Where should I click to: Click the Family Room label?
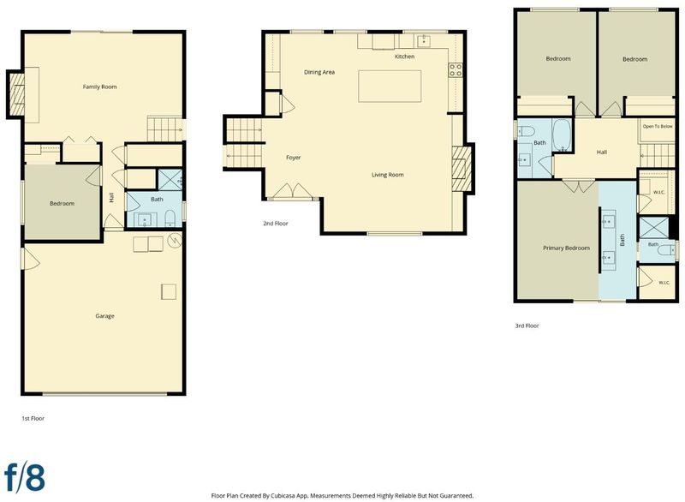[x=99, y=87]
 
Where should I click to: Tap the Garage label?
[x=104, y=316]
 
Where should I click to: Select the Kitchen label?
[x=404, y=57]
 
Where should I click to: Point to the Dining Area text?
[x=319, y=72]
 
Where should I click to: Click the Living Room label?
[x=388, y=175]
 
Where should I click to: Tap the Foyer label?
[x=293, y=158]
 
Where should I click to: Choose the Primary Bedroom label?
[x=566, y=248]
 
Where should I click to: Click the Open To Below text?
[x=658, y=126]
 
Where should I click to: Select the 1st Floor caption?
[x=33, y=419]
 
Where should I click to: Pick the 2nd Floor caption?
[x=276, y=224]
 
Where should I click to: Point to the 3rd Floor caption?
[x=527, y=326]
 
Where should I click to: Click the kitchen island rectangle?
[x=390, y=86]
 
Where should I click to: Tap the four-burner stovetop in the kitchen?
[x=456, y=70]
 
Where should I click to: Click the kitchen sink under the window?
[x=423, y=41]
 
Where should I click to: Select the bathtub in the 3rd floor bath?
[x=562, y=135]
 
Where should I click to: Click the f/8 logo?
[x=25, y=477]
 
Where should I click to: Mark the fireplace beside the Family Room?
[x=15, y=94]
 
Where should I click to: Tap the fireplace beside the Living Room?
[x=462, y=168]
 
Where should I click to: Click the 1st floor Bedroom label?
[x=62, y=204]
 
